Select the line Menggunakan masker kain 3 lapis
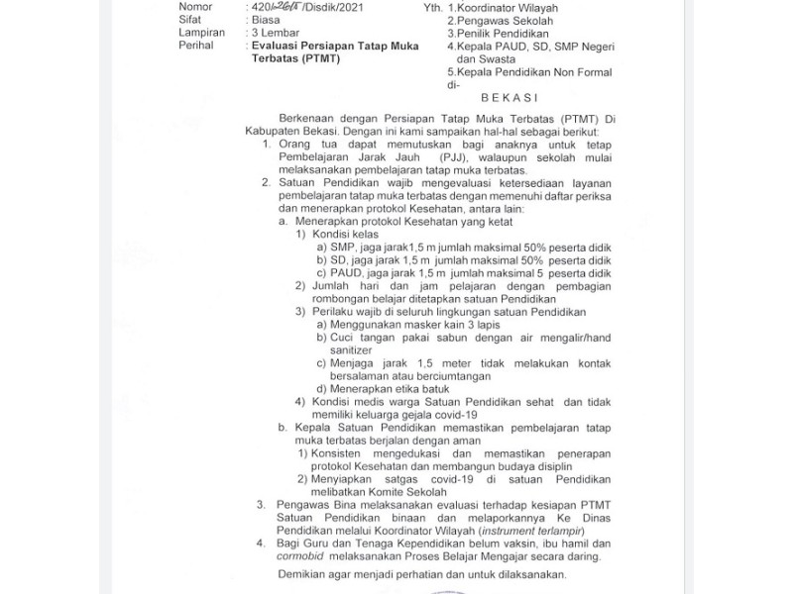[416, 325]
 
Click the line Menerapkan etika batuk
[390, 388]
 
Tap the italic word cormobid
[301, 556]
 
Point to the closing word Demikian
[302, 575]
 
